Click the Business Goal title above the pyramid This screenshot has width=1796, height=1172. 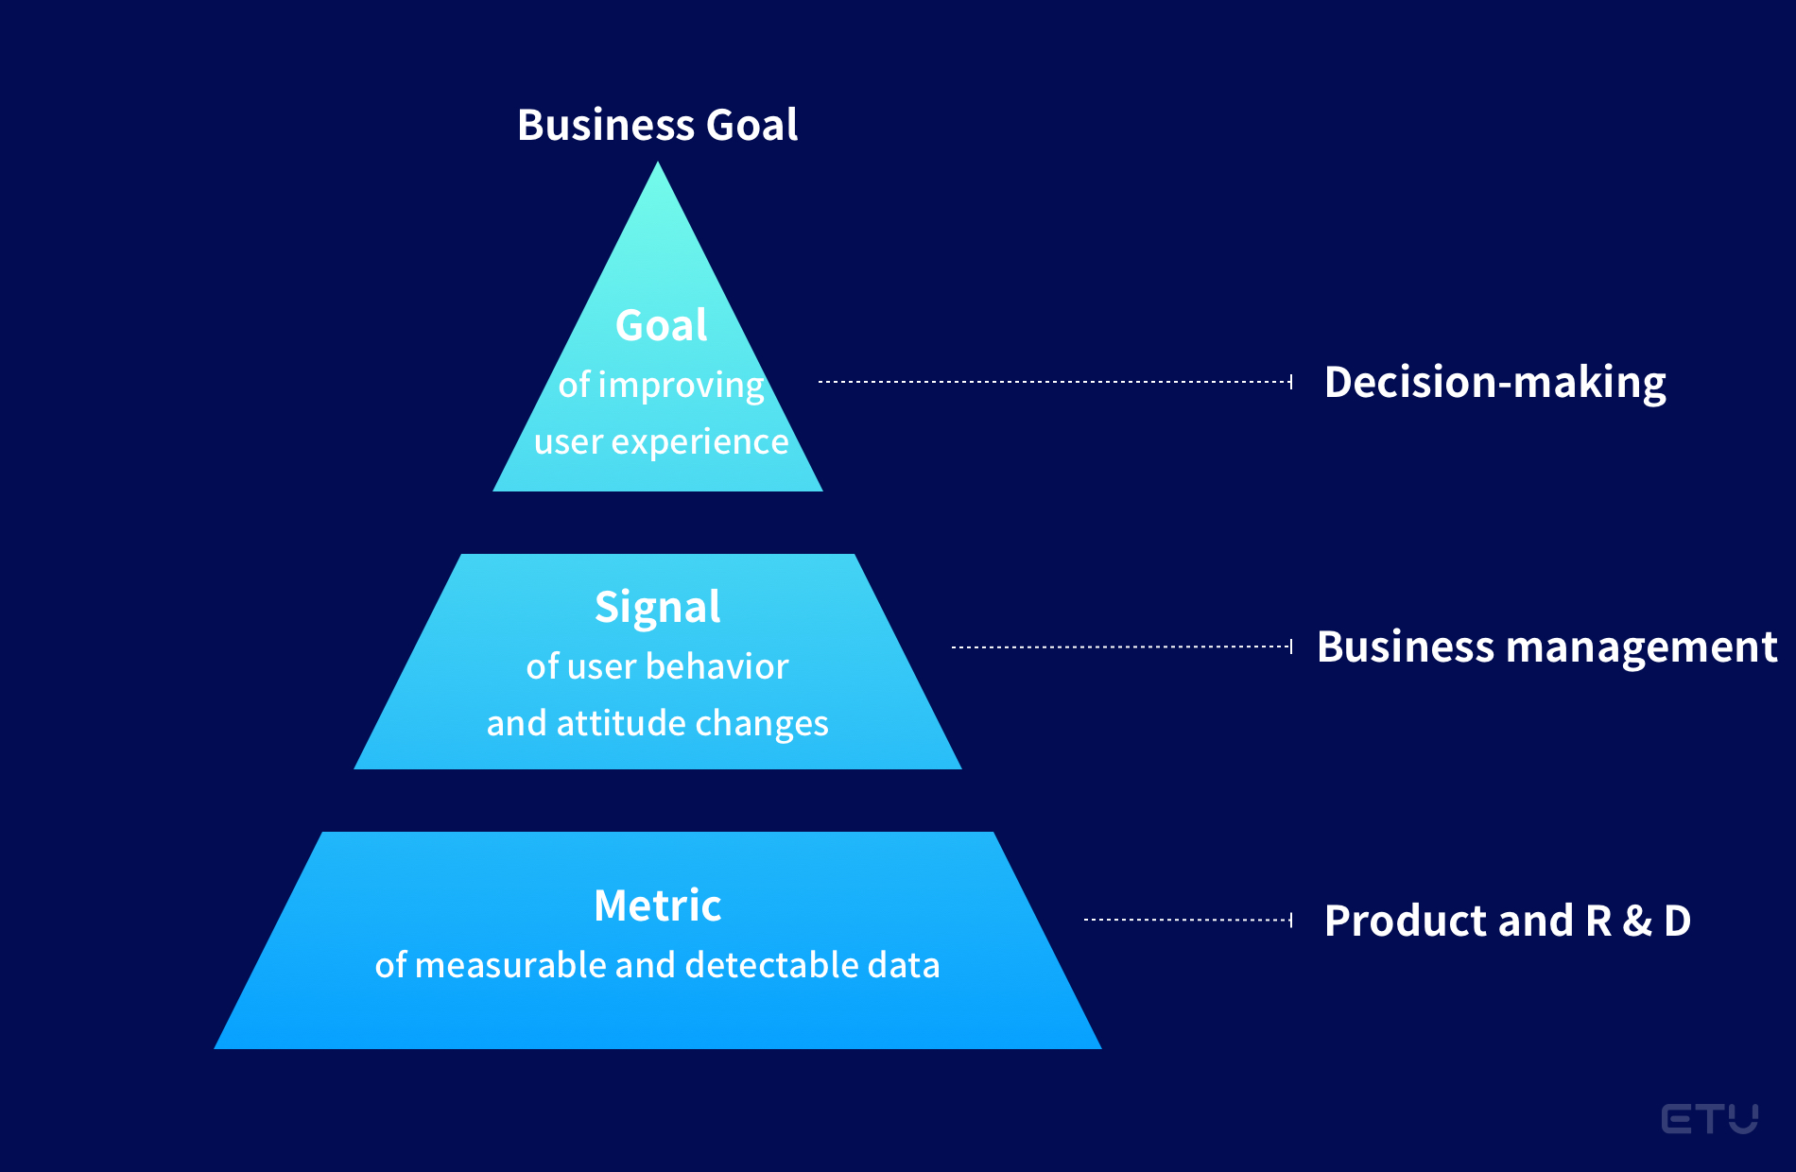click(x=657, y=125)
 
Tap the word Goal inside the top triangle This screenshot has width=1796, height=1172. click(x=661, y=326)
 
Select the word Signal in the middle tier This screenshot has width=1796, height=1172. click(x=657, y=608)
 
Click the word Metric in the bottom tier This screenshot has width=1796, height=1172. click(x=657, y=905)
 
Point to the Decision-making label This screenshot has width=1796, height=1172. click(x=1494, y=383)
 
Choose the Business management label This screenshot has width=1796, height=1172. click(x=1546, y=647)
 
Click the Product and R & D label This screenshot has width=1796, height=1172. click(x=1507, y=921)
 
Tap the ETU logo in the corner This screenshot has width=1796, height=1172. click(x=1709, y=1119)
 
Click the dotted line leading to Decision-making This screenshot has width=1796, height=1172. click(x=1055, y=382)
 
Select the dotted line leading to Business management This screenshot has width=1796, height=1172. click(x=1122, y=647)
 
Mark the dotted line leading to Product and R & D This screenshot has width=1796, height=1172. click(x=1188, y=920)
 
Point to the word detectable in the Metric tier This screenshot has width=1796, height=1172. click(x=773, y=965)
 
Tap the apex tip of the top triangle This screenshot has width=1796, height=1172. click(x=658, y=162)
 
